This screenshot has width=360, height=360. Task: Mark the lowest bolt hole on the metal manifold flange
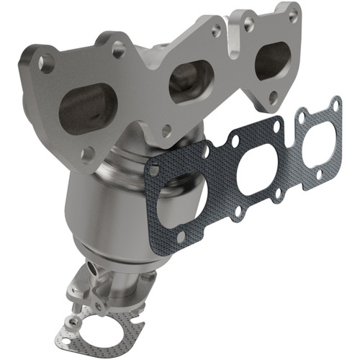(x=89, y=153)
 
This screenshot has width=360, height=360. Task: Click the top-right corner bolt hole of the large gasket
(x=336, y=106)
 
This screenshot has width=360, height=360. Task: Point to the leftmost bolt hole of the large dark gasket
(x=153, y=171)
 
